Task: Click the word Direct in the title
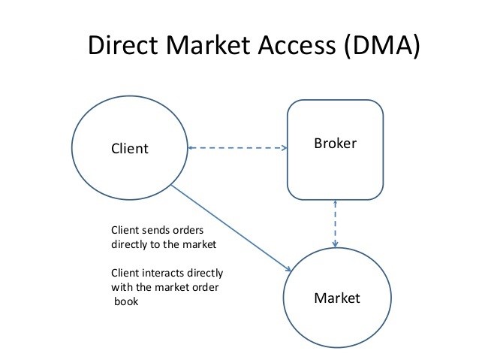[x=123, y=45]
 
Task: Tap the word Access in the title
[x=297, y=45]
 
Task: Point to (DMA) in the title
[x=382, y=46]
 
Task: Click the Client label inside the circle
[x=130, y=149]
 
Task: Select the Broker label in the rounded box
[x=335, y=144]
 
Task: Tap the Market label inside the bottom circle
[x=337, y=298]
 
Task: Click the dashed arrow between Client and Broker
[x=237, y=148]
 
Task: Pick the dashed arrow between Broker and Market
[x=335, y=223]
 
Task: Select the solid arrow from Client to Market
[x=231, y=228]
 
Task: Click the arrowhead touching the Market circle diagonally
[x=288, y=269]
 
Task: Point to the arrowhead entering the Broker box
[x=285, y=148]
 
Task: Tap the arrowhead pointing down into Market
[x=335, y=244]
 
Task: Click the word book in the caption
[x=126, y=301]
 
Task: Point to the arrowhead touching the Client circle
[x=191, y=148]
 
